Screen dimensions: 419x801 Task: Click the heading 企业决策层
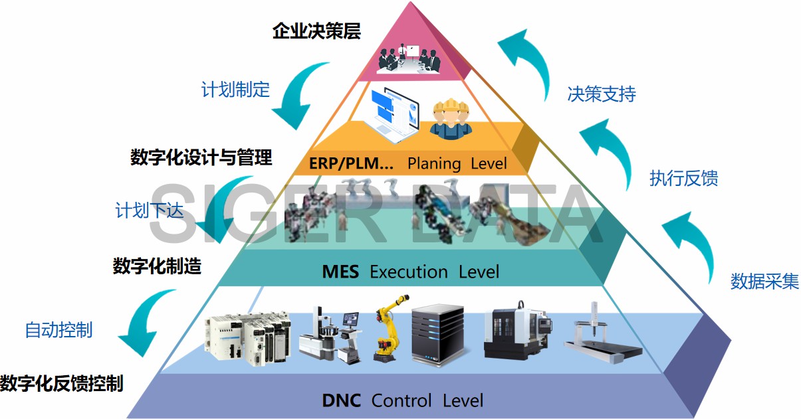click(316, 31)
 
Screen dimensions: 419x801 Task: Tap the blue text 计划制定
click(235, 90)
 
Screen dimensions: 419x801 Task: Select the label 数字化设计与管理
click(201, 158)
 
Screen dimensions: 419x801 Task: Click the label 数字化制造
click(157, 266)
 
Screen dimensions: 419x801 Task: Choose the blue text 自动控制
click(58, 329)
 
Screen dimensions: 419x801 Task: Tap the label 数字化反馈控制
click(62, 383)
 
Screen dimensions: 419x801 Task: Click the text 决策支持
click(602, 94)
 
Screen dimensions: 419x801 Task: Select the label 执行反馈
click(683, 179)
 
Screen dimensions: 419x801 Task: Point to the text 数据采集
click(764, 282)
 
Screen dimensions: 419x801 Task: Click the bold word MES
click(340, 272)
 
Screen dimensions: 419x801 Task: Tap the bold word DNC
click(342, 400)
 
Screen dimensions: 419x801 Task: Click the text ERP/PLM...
click(351, 163)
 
